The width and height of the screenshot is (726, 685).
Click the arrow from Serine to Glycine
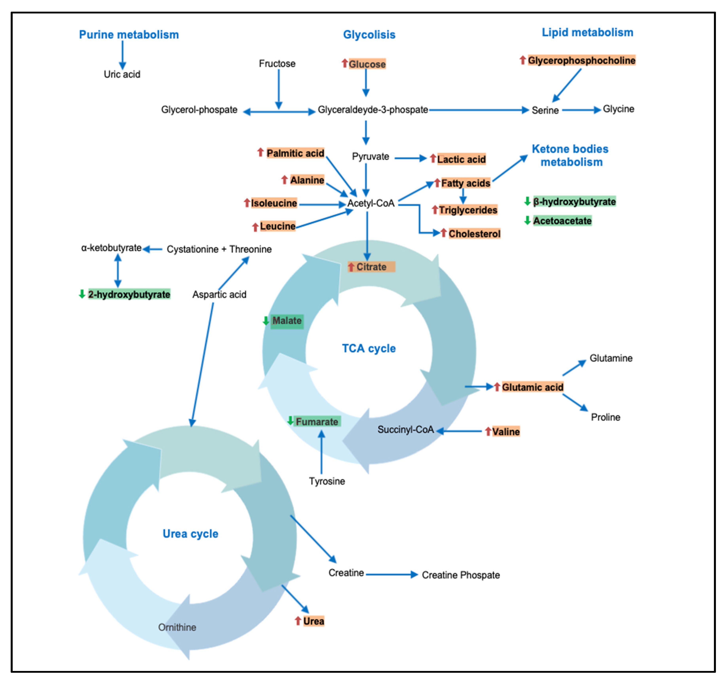pos(581,110)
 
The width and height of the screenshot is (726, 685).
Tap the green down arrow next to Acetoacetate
pos(527,220)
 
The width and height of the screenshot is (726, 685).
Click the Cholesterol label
pos(474,234)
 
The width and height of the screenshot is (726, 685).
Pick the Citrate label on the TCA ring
pos(371,267)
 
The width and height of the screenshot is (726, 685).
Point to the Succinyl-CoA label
pos(406,430)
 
